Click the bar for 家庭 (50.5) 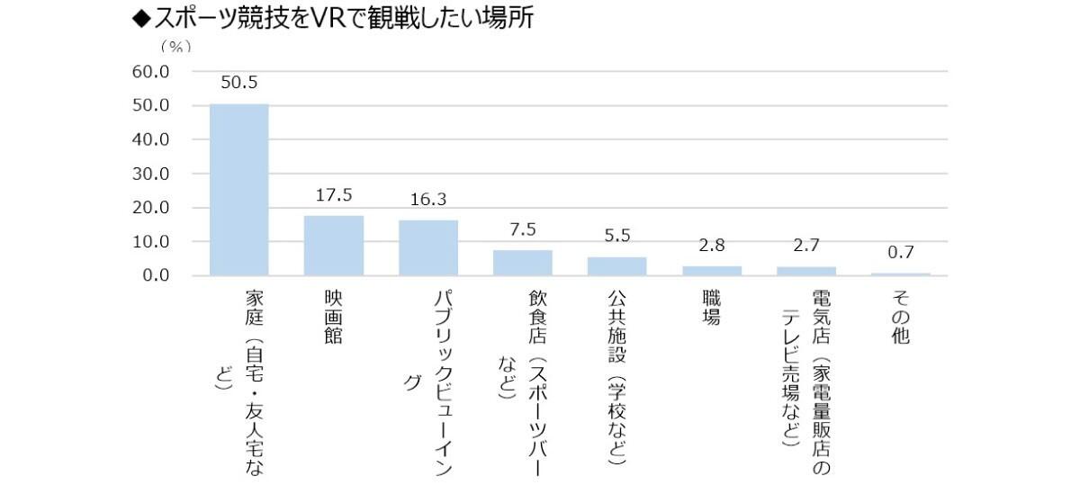(238, 190)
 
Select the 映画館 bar (333, 246)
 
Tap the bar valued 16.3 (428, 247)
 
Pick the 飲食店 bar (522, 263)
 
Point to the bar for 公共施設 (616, 266)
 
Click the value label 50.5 (239, 83)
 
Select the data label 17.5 (333, 195)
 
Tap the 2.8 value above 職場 (711, 246)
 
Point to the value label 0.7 (901, 253)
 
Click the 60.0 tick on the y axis (151, 71)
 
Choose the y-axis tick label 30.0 (151, 174)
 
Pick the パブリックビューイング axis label (435, 378)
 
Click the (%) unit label (175, 47)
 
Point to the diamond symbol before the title (140, 18)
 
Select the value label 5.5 (616, 236)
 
